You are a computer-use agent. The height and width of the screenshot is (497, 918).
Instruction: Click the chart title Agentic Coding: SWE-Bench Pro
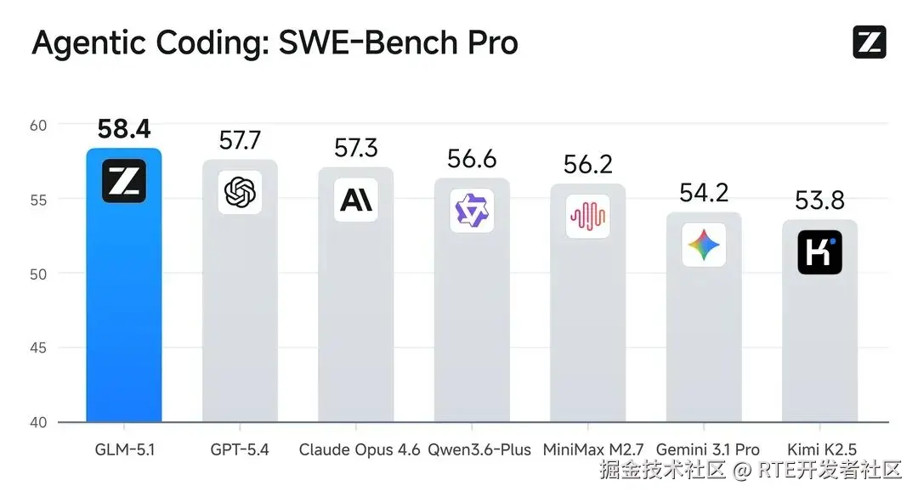pyautogui.click(x=275, y=42)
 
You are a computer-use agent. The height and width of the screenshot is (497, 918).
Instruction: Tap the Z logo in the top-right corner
pyautogui.click(x=869, y=42)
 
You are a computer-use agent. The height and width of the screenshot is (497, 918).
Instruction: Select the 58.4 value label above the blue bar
pyautogui.click(x=124, y=129)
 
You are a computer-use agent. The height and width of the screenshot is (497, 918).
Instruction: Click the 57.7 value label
pyautogui.click(x=240, y=140)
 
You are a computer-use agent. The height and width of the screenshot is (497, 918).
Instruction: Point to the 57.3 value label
pyautogui.click(x=355, y=148)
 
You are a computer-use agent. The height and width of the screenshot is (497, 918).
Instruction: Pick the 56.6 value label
pyautogui.click(x=472, y=159)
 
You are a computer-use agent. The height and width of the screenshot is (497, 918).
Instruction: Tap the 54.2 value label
pyautogui.click(x=704, y=193)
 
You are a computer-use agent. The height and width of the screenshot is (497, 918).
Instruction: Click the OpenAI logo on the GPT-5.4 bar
pyautogui.click(x=240, y=192)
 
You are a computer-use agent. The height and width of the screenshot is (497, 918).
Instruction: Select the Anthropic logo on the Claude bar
pyautogui.click(x=355, y=200)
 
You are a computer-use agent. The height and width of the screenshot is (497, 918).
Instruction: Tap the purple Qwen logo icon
pyautogui.click(x=472, y=211)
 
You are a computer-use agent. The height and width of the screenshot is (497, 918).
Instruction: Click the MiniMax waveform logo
pyautogui.click(x=588, y=217)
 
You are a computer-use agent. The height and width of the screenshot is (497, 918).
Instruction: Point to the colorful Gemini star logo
pyautogui.click(x=704, y=245)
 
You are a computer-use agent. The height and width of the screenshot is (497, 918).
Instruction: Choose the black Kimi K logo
pyautogui.click(x=819, y=251)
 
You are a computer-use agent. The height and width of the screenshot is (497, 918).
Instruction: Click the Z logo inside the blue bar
pyautogui.click(x=124, y=181)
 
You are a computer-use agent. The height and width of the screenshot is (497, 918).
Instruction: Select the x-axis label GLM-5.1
pyautogui.click(x=124, y=449)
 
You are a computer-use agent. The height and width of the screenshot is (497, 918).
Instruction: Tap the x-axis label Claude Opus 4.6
pyautogui.click(x=360, y=449)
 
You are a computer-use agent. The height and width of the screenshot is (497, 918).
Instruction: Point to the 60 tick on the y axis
pyautogui.click(x=40, y=125)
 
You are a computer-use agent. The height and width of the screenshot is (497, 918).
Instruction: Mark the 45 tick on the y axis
pyautogui.click(x=40, y=348)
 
